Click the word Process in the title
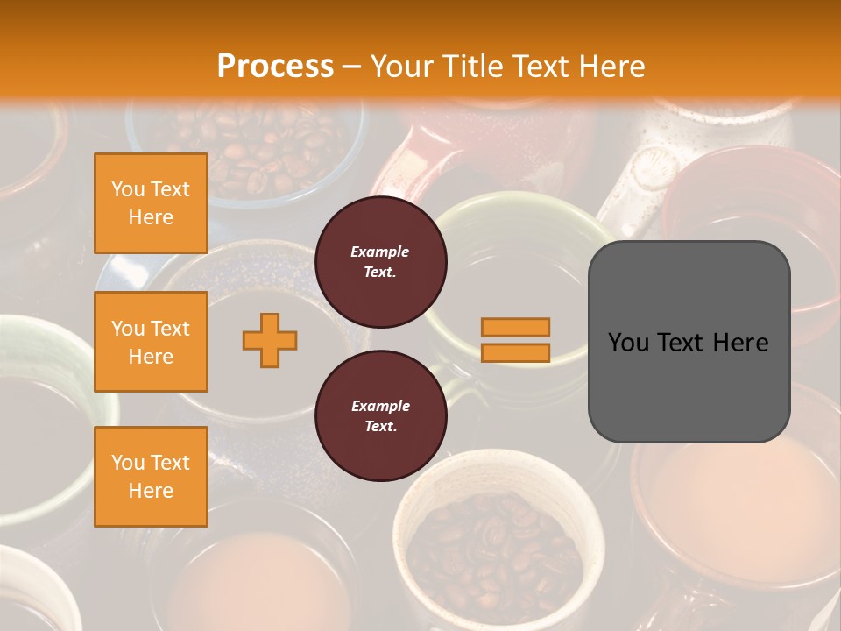click(x=275, y=66)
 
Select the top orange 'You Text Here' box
click(x=151, y=203)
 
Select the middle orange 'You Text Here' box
click(x=151, y=342)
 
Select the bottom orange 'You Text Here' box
click(x=151, y=476)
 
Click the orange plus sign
click(x=270, y=340)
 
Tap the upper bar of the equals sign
click(x=515, y=327)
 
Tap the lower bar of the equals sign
click(x=515, y=353)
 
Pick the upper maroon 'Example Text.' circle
click(x=380, y=262)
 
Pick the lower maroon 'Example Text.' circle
click(x=380, y=416)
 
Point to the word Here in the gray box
click(x=740, y=343)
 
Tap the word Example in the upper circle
click(x=380, y=252)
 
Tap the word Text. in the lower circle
click(x=380, y=427)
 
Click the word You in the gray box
click(x=629, y=343)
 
